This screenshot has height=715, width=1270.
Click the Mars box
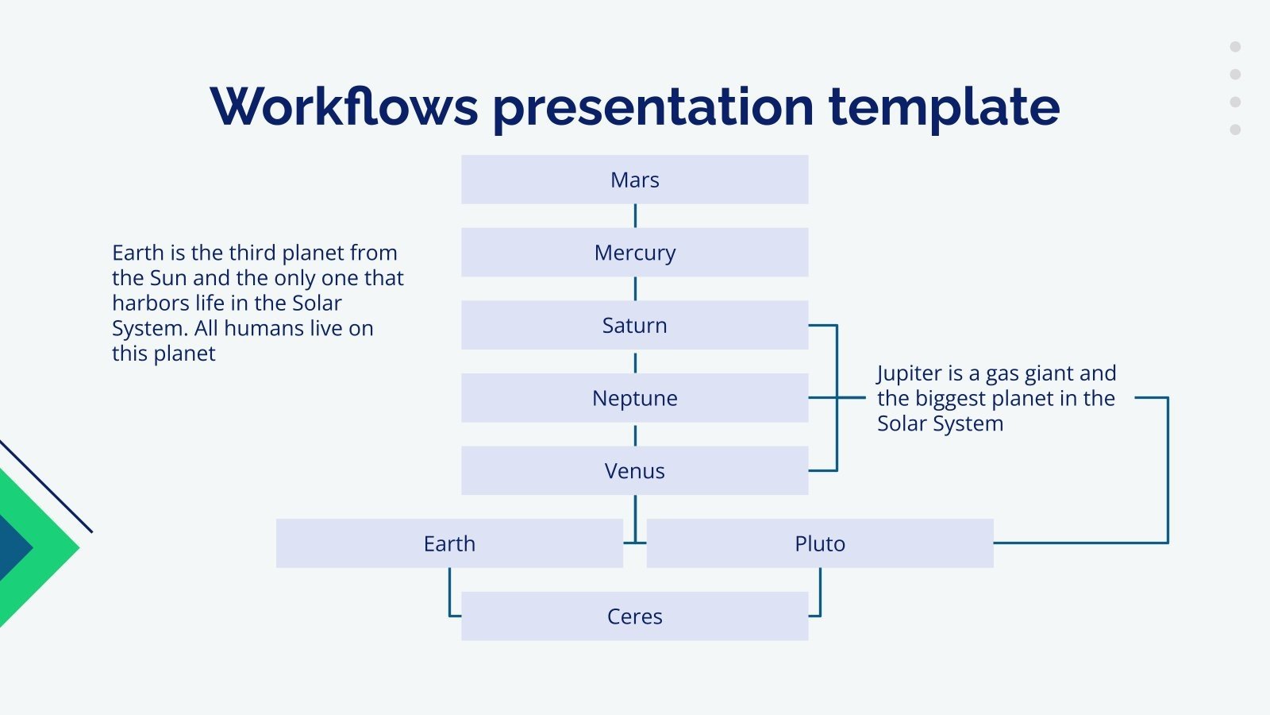pos(634,180)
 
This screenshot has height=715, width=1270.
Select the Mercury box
pos(634,253)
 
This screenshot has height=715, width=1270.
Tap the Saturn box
pos(634,325)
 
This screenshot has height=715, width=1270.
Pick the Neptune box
pos(634,398)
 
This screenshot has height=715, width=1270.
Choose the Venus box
pos(634,470)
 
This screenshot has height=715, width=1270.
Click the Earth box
pos(449,543)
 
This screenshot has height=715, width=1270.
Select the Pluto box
pos(819,543)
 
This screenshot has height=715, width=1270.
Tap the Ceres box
pos(634,616)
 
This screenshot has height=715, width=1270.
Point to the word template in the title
pos(944,107)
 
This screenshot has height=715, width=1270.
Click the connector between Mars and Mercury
pos(635,216)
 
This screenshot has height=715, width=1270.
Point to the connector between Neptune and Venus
pos(635,435)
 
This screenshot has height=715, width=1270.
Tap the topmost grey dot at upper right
pos(1235,47)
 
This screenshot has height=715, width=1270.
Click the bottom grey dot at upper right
pos(1235,129)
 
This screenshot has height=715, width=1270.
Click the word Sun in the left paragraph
pos(167,278)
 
